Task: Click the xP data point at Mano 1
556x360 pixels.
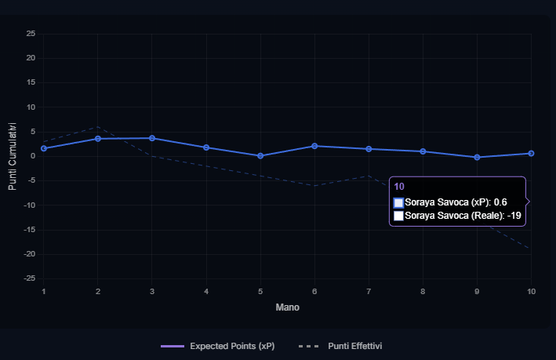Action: tap(44, 148)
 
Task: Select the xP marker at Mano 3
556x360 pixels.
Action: tap(152, 138)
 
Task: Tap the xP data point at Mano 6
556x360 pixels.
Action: tap(314, 146)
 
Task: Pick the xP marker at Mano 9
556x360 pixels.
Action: tap(477, 157)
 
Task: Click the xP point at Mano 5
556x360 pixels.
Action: tap(260, 155)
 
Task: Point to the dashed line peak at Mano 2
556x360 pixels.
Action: tap(98, 126)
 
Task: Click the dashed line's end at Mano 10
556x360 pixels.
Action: tap(531, 249)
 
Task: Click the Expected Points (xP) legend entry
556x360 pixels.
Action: tap(217, 346)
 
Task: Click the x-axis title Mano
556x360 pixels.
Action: tap(287, 307)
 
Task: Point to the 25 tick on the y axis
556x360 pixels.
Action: tap(31, 34)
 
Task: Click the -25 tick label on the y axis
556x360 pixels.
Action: tap(30, 278)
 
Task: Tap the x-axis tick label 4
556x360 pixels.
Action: tap(206, 292)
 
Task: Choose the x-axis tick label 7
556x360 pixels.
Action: tap(369, 292)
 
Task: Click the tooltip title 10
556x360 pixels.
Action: tap(399, 187)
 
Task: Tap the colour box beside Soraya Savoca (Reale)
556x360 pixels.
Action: tap(398, 216)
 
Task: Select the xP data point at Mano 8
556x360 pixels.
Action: tap(423, 151)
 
